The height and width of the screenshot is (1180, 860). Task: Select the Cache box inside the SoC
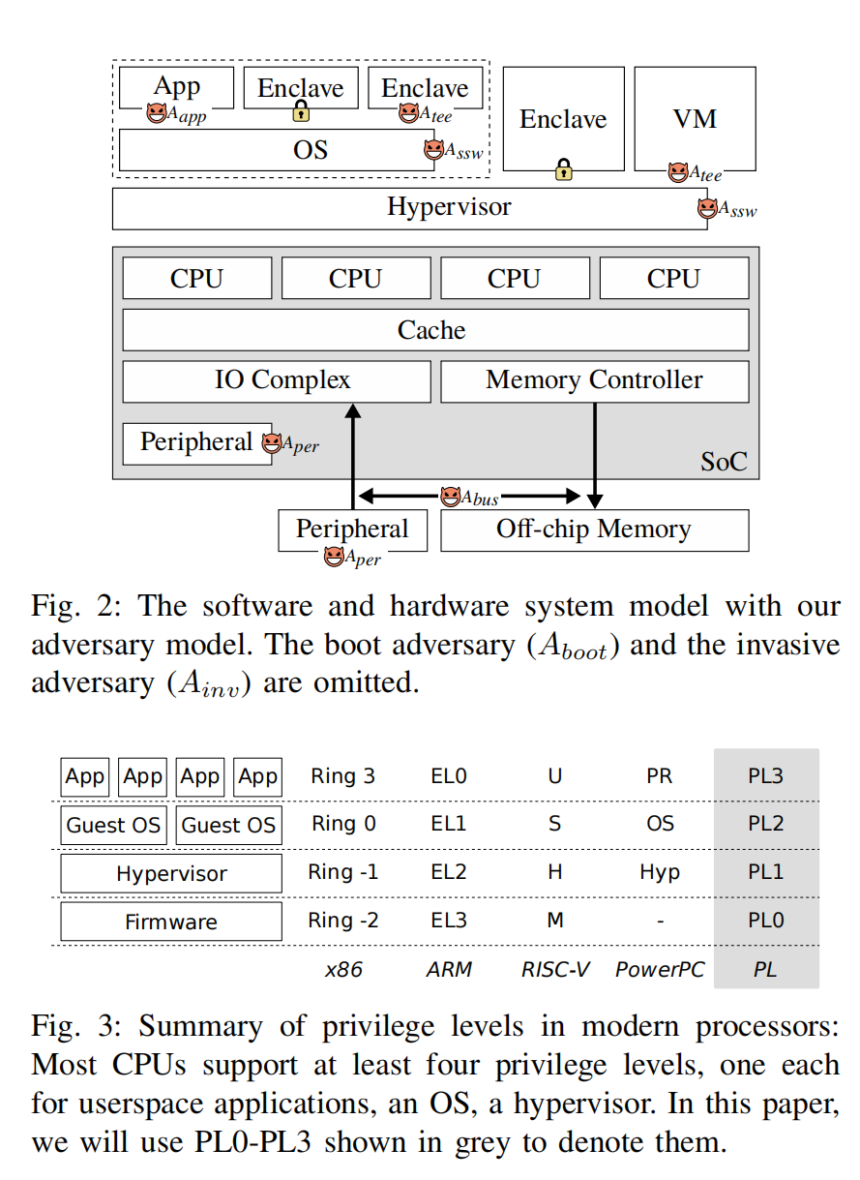click(434, 330)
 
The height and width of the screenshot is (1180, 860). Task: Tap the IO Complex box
click(277, 380)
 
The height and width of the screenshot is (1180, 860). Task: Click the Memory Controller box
click(594, 380)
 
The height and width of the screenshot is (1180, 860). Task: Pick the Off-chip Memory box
click(594, 529)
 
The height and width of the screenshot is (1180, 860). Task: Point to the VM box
click(695, 119)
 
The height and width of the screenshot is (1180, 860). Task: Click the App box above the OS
click(177, 87)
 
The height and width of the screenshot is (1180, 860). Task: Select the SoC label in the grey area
click(724, 461)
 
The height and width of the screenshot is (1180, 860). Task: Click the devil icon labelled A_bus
click(450, 498)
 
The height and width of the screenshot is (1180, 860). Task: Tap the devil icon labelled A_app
click(157, 114)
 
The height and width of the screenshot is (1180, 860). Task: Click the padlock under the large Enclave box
click(563, 171)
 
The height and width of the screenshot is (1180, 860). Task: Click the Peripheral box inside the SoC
click(196, 442)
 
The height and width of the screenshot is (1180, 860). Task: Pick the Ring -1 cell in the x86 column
click(342, 872)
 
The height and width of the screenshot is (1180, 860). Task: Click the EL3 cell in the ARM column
click(449, 921)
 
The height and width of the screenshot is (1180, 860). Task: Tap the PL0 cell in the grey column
click(765, 921)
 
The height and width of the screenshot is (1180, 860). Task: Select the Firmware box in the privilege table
click(171, 922)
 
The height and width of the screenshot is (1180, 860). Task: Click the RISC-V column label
click(554, 969)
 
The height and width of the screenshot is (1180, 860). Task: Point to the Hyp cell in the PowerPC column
click(660, 872)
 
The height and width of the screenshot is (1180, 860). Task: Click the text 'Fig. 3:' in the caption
click(74, 1025)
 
